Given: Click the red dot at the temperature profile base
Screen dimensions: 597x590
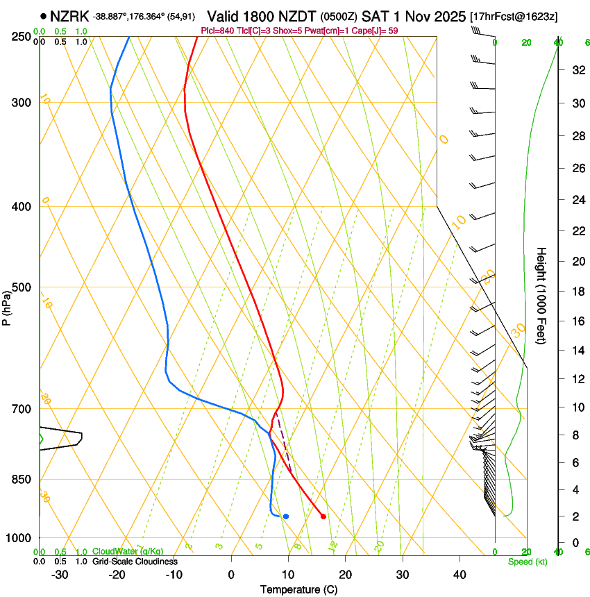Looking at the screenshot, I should coord(323,516).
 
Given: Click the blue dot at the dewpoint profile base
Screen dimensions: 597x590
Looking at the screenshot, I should coord(285,516).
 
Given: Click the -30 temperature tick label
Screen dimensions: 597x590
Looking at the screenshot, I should coord(60,574).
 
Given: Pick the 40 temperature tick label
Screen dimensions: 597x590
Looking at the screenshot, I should coord(460,574).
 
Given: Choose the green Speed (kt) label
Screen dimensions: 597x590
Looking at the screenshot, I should coord(527,561).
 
